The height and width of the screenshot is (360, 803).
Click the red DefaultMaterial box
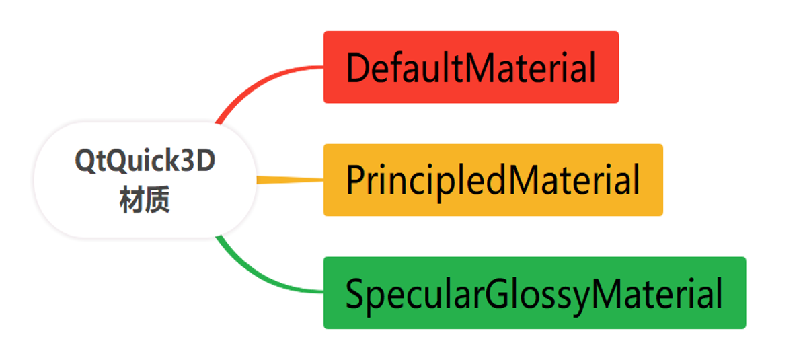471,67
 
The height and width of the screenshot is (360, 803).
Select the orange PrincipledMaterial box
493,180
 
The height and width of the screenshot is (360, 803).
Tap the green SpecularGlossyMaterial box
535,293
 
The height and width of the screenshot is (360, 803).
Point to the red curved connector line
256,84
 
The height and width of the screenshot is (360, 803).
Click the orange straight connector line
289,180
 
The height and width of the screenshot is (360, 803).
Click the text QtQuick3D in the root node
145,162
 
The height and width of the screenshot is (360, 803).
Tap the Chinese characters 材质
145,200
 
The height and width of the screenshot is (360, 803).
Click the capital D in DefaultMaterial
358,68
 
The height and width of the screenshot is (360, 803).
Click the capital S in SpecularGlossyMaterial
356,294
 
